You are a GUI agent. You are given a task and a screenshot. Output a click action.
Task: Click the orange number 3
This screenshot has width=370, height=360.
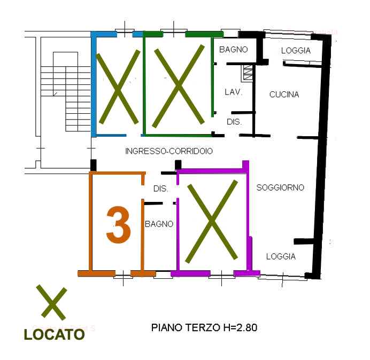tap(119, 225)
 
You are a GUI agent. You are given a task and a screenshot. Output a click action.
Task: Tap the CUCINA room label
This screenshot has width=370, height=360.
tap(284, 95)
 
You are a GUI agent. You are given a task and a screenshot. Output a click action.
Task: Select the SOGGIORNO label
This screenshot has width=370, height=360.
tap(280, 187)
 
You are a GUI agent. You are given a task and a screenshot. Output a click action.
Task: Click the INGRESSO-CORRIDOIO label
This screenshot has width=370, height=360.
tap(169, 151)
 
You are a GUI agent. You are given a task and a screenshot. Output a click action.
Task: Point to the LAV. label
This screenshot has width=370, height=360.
tap(234, 92)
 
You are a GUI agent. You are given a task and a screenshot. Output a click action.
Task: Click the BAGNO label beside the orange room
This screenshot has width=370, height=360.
tap(159, 224)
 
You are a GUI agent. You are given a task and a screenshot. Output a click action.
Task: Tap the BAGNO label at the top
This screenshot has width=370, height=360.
tap(233, 50)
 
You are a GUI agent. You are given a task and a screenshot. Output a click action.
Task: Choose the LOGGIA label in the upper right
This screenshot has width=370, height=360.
tap(296, 50)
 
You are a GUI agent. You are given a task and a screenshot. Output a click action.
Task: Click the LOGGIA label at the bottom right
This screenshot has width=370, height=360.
tap(281, 256)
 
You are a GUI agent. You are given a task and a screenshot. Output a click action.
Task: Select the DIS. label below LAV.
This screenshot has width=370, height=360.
tap(234, 122)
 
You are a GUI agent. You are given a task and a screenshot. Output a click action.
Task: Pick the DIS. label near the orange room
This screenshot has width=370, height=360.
tap(161, 189)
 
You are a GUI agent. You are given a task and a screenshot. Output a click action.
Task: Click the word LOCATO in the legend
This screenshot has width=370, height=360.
tap(55, 334)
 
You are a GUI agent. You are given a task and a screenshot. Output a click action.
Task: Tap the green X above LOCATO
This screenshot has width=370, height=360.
tap(51, 302)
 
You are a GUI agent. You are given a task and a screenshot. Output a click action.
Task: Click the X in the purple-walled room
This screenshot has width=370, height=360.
tap(211, 221)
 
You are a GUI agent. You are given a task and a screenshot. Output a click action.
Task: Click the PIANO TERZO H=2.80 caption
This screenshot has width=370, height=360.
tap(204, 327)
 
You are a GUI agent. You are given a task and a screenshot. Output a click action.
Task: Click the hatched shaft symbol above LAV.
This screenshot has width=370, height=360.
tap(248, 73)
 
